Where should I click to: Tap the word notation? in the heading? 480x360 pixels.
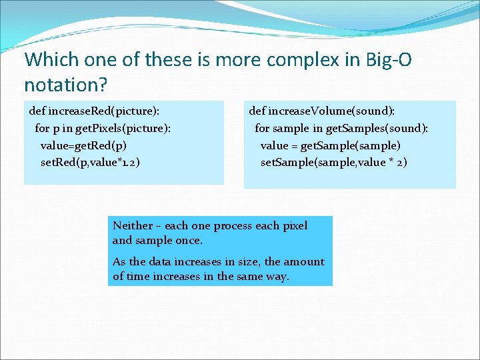pos(65,85)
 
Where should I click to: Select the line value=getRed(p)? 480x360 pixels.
pos(84,145)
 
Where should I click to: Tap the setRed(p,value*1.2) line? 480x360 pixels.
pos(90,162)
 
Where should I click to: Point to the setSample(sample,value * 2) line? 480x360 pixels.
pos(333,162)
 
